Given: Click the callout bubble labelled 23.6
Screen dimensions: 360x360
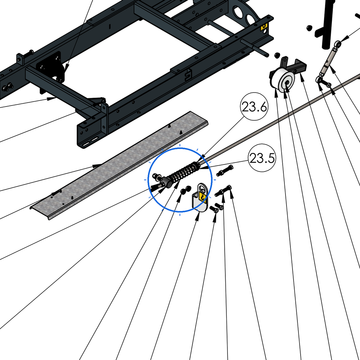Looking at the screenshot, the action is (254, 107).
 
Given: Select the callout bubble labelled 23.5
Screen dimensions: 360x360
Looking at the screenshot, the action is (262, 158).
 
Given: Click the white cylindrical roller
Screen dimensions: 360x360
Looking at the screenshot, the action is (285, 81).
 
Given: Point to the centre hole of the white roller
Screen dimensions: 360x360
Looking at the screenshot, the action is (287, 82).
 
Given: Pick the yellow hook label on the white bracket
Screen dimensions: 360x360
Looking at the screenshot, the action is (202, 197).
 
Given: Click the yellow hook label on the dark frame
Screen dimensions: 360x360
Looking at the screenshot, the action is (264, 27).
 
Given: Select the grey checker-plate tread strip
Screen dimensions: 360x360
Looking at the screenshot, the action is (119, 165).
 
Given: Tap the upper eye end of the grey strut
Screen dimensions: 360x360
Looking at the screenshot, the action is (337, 44).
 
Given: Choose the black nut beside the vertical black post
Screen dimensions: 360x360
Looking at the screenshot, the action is (309, 28).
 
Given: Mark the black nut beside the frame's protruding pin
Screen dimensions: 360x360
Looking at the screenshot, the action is (277, 55).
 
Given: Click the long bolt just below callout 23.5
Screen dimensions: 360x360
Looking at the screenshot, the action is (225, 171).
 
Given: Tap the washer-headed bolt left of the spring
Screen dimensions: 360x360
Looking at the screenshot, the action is (156, 177).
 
